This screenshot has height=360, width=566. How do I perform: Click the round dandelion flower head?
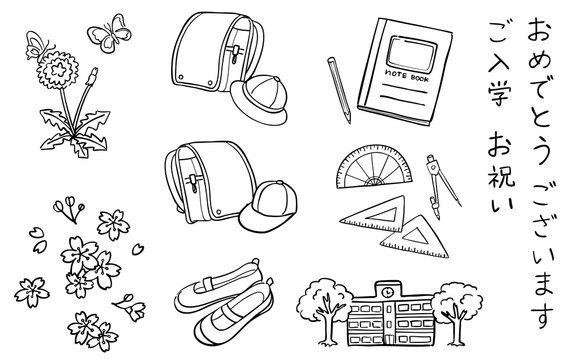pyautogui.click(x=57, y=70)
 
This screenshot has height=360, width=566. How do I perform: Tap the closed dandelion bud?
pyautogui.click(x=93, y=76)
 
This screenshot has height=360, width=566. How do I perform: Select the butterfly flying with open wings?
pyautogui.click(x=109, y=33)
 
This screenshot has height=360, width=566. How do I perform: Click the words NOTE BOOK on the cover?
pyautogui.click(x=407, y=77)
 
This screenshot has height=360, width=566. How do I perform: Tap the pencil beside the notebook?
pyautogui.click(x=339, y=90)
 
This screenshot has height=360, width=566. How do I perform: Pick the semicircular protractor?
pyautogui.click(x=374, y=166)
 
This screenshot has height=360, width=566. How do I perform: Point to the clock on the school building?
pyautogui.click(x=388, y=291)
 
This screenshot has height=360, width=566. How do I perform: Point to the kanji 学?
pyautogui.click(x=500, y=94)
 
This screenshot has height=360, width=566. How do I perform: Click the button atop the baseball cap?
pyautogui.click(x=279, y=183)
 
